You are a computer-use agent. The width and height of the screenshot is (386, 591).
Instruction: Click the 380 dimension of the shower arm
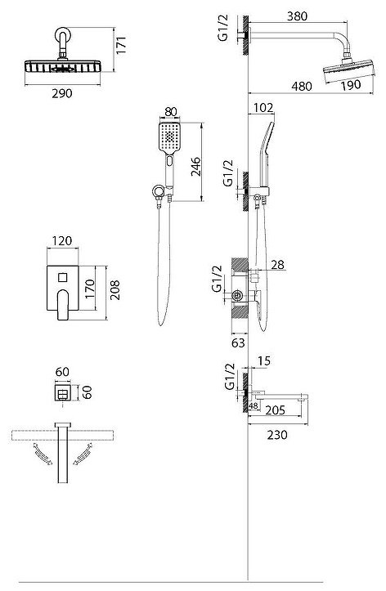[x=297, y=16]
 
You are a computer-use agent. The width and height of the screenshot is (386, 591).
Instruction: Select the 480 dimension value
[x=302, y=87]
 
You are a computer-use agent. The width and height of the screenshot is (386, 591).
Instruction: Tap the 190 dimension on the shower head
[x=351, y=86]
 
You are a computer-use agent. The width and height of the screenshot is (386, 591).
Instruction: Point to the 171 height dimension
[x=121, y=45]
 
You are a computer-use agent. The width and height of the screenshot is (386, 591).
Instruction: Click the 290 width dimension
[x=62, y=93]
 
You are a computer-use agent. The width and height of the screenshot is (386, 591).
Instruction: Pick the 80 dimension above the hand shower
[x=171, y=112]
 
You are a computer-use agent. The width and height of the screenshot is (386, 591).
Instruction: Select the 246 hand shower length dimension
[x=195, y=166]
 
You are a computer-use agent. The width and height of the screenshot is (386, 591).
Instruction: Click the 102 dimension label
[x=263, y=108]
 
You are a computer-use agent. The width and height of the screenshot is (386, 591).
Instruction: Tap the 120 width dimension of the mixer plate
[x=62, y=241]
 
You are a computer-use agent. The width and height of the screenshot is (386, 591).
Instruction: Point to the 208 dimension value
[x=114, y=290]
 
